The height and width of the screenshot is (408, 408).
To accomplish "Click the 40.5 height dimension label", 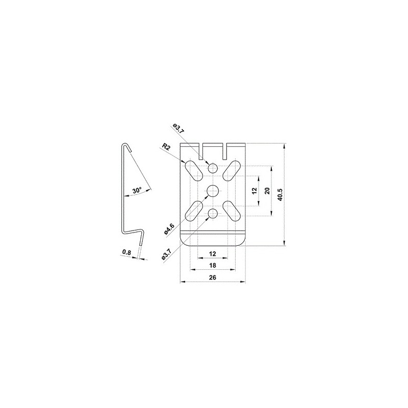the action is pyautogui.click(x=279, y=195).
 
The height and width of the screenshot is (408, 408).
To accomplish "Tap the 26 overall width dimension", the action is pyautogui.click(x=213, y=277).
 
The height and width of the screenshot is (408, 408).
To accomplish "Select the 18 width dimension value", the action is pyautogui.click(x=213, y=266).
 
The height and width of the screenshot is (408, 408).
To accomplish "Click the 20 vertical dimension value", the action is pyautogui.click(x=267, y=191).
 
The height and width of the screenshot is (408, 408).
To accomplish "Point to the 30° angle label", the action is pyautogui.click(x=137, y=190).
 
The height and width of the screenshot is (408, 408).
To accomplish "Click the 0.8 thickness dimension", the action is pyautogui.click(x=126, y=252).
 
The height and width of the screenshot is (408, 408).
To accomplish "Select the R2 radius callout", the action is pyautogui.click(x=166, y=147).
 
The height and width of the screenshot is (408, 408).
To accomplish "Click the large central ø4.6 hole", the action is pyautogui.click(x=213, y=191).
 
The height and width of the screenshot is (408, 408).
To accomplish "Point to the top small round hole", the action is pyautogui.click(x=213, y=168).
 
